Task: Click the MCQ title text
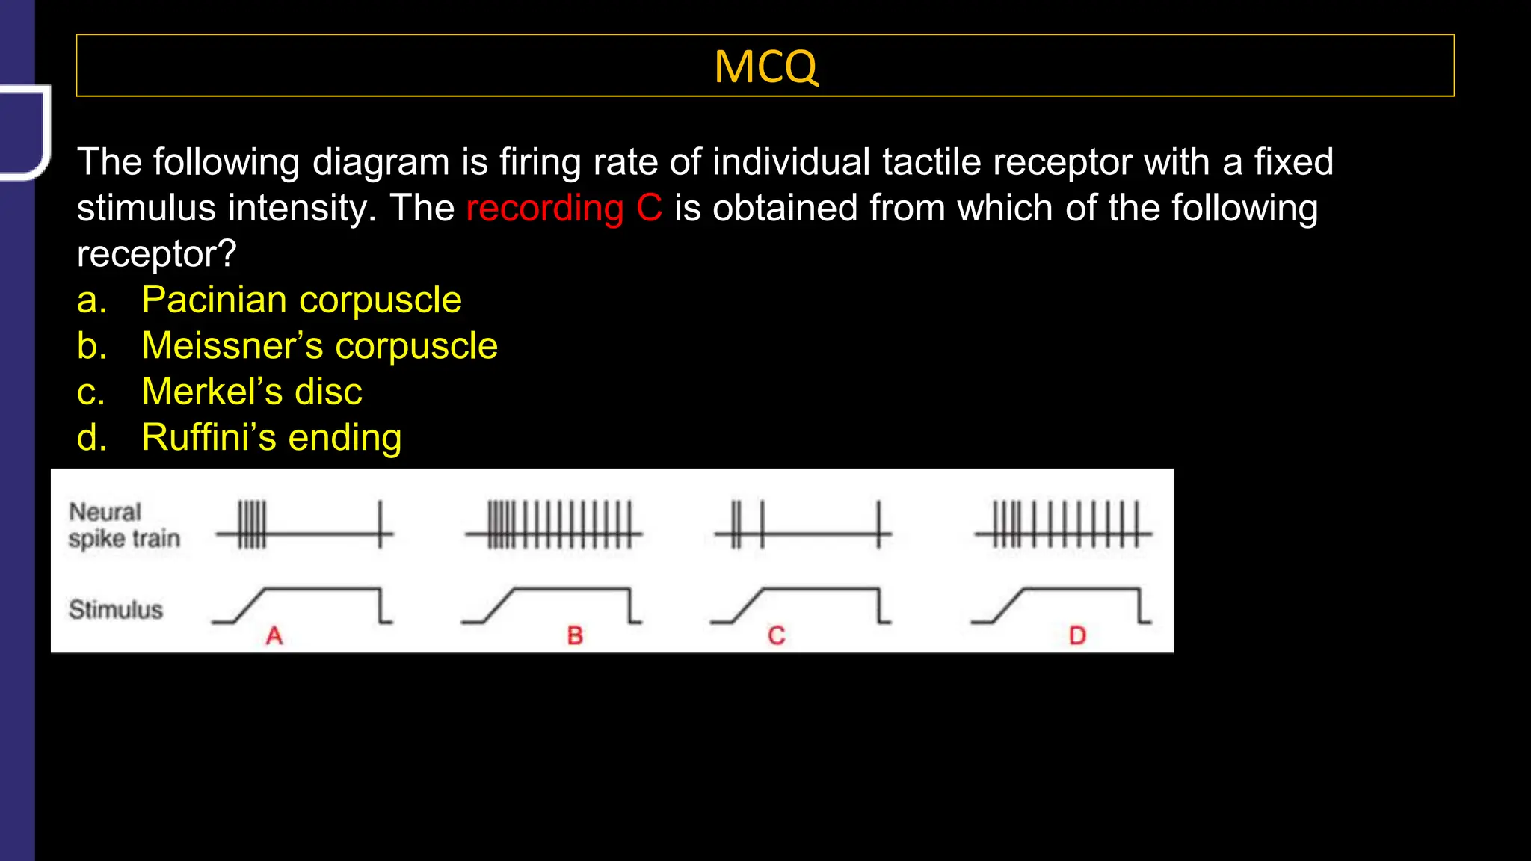click(x=765, y=67)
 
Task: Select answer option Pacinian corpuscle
click(x=301, y=300)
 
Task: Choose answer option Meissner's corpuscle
click(x=319, y=346)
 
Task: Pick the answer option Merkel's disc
click(x=252, y=392)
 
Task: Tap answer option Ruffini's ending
click(x=271, y=438)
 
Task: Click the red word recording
click(x=544, y=209)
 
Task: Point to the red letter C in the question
click(x=649, y=208)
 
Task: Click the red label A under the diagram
click(x=274, y=636)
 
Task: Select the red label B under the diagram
click(x=574, y=636)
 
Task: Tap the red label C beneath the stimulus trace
click(x=777, y=636)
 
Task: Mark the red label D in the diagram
click(x=1077, y=636)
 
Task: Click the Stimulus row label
click(x=116, y=610)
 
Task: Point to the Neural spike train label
click(x=124, y=525)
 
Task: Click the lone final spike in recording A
click(x=381, y=525)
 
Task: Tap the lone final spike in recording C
click(x=878, y=525)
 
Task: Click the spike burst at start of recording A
click(x=252, y=525)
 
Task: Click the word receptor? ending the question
click(x=156, y=254)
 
